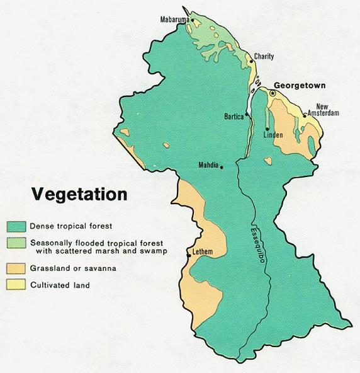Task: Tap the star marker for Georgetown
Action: click(x=273, y=93)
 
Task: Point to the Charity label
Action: click(x=264, y=57)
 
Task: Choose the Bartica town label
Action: click(x=234, y=117)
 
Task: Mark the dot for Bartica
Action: click(x=248, y=115)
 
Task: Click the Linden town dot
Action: click(x=267, y=129)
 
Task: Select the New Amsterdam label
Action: click(x=327, y=110)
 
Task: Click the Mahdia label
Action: click(x=208, y=166)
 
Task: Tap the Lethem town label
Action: click(x=202, y=253)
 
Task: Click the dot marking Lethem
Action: click(x=189, y=256)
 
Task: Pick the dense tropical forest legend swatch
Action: click(x=16, y=226)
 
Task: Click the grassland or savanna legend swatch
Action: click(x=16, y=269)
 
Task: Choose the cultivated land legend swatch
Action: click(x=16, y=285)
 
